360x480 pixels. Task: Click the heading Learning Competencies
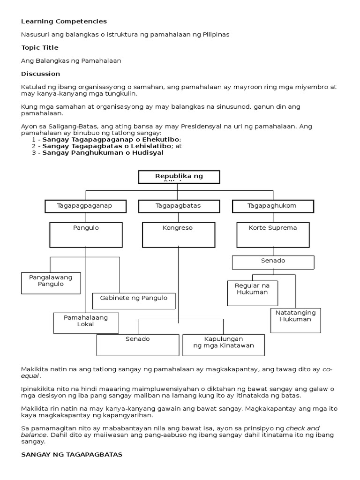(x=64, y=21)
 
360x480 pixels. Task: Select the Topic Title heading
(x=40, y=47)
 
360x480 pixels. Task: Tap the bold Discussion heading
(x=41, y=74)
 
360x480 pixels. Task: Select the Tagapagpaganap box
(x=85, y=206)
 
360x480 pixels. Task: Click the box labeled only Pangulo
(x=86, y=234)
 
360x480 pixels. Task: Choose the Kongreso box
(x=178, y=234)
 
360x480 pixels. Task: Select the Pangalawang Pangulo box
(x=51, y=283)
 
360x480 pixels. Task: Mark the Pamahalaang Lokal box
(x=86, y=322)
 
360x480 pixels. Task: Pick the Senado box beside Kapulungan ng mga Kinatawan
(x=137, y=345)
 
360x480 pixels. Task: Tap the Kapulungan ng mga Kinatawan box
(x=224, y=345)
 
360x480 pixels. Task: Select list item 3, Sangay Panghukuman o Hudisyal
(x=103, y=152)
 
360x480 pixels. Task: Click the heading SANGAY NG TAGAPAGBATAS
(x=72, y=455)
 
